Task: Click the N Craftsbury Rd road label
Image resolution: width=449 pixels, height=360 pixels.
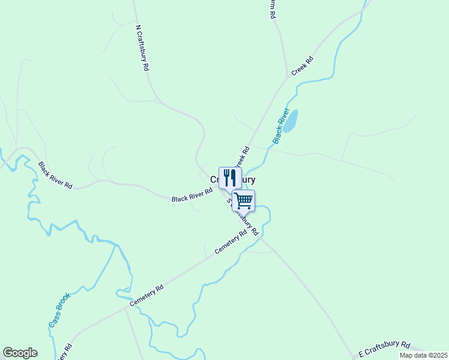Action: point(142,48)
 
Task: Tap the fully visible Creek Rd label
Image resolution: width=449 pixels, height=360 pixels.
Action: point(303,66)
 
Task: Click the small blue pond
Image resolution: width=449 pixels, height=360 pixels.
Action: point(291,121)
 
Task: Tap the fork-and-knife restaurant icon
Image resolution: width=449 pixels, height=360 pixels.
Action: point(229,178)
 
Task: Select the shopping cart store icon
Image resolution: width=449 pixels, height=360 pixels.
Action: point(243,200)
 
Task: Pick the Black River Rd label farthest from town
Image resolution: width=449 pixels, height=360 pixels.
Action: point(55,175)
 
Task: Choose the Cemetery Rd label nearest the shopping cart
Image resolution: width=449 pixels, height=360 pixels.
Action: point(231,242)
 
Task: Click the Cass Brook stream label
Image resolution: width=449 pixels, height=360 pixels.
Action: point(59,310)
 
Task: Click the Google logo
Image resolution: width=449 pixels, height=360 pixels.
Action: point(20,353)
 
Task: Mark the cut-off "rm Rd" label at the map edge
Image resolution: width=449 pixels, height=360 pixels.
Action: point(273,8)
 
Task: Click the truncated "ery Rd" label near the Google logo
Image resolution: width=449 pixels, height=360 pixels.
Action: point(65,352)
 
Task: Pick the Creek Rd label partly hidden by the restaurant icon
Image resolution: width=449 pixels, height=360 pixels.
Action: point(241,158)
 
